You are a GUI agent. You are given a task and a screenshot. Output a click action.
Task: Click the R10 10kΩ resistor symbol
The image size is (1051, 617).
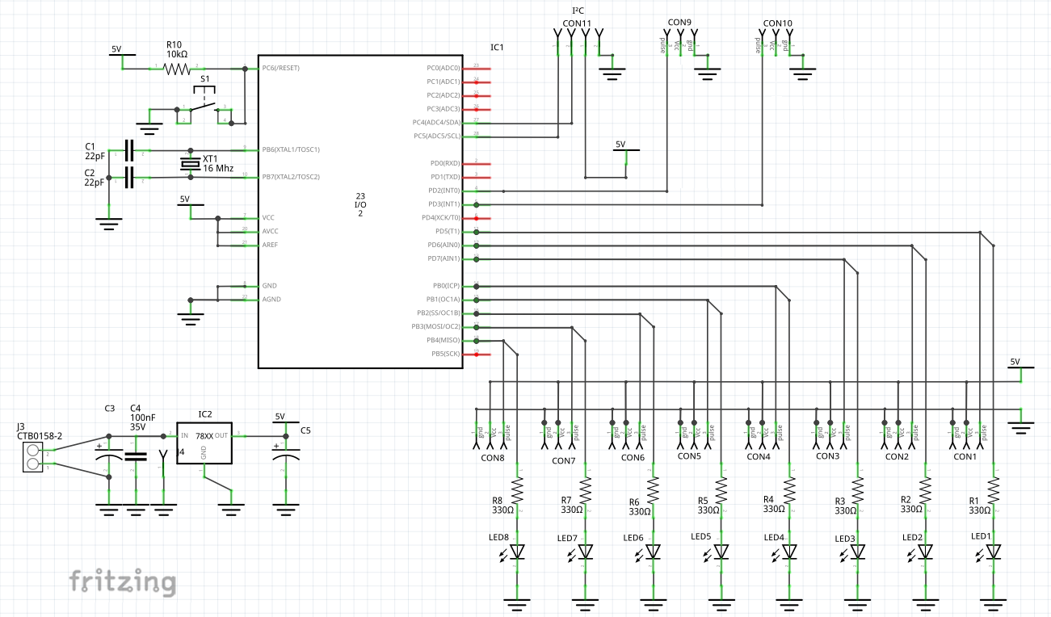tap(177, 69)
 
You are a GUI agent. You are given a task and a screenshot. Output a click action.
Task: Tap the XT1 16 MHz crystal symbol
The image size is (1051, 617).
tap(191, 164)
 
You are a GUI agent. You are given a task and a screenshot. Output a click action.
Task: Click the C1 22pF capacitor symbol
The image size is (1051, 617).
tap(129, 150)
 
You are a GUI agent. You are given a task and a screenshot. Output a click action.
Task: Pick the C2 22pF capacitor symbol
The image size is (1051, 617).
tap(129, 177)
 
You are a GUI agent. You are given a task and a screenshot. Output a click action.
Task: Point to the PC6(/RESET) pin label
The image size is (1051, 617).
tap(280, 68)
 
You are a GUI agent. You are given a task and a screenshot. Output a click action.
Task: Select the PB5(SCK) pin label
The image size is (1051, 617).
tap(445, 354)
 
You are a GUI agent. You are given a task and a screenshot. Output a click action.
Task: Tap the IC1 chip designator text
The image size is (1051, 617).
tap(497, 48)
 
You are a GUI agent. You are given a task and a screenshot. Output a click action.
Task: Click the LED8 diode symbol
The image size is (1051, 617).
tap(518, 552)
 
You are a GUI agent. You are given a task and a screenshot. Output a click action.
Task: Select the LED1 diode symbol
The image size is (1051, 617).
tap(994, 552)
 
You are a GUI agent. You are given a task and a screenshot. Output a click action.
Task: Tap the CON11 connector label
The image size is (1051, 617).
tap(577, 23)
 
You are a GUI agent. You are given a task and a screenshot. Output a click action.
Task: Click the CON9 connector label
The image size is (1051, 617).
tap(679, 23)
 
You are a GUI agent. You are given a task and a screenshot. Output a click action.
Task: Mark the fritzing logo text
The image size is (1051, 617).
tap(122, 581)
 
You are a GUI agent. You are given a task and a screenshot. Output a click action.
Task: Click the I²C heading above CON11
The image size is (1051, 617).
tap(577, 10)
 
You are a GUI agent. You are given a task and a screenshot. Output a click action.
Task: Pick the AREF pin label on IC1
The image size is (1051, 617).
tap(270, 245)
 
